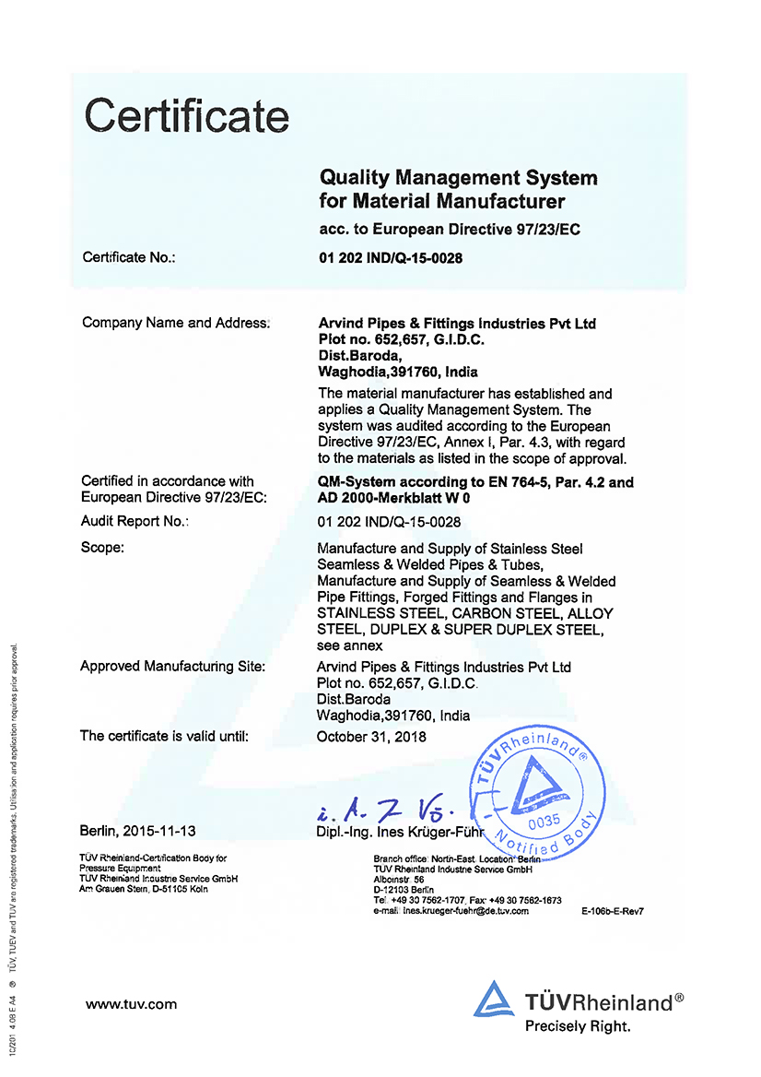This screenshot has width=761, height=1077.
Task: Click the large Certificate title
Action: tap(187, 117)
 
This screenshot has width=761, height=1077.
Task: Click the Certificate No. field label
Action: tap(129, 257)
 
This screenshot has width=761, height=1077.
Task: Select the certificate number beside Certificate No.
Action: tap(390, 258)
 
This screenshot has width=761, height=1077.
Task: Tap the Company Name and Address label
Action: tap(176, 323)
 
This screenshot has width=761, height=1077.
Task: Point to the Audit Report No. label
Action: tap(135, 522)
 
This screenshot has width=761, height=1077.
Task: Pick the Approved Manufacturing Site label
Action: tap(173, 666)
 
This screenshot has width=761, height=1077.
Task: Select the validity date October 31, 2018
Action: tap(371, 737)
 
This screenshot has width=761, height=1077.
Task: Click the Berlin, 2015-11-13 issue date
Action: tap(138, 831)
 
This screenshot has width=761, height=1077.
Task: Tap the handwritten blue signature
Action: tap(378, 811)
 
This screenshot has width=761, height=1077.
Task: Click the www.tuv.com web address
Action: tap(131, 1004)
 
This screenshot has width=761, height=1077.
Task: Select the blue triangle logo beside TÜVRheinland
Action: tap(495, 1001)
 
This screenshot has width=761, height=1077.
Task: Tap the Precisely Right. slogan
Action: tap(578, 1025)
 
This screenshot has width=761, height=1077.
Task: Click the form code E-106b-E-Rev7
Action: tap(612, 911)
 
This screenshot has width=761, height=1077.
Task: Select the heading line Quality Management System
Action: tap(458, 178)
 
